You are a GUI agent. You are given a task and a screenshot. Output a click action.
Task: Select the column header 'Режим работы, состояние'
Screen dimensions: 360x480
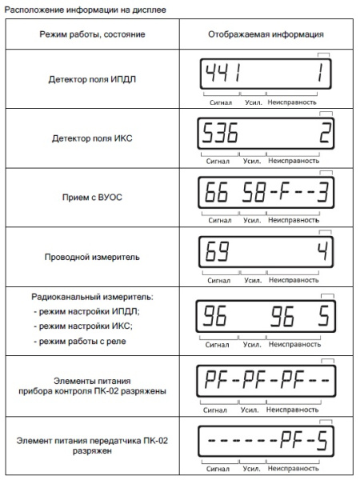[x=92, y=35]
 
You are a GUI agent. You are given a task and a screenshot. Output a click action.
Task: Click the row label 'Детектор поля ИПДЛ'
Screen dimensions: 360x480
[x=92, y=80]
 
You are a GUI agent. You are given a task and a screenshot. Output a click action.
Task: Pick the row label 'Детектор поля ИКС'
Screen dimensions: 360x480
[x=92, y=138]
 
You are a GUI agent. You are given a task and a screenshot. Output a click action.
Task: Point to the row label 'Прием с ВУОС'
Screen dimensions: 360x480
[x=92, y=196]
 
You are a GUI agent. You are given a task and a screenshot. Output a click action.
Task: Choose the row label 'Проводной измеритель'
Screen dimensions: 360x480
[x=92, y=257]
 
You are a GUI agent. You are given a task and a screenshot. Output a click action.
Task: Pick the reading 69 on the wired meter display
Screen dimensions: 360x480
[x=215, y=254]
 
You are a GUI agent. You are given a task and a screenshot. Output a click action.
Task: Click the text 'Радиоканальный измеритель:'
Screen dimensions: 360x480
[x=91, y=296]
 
